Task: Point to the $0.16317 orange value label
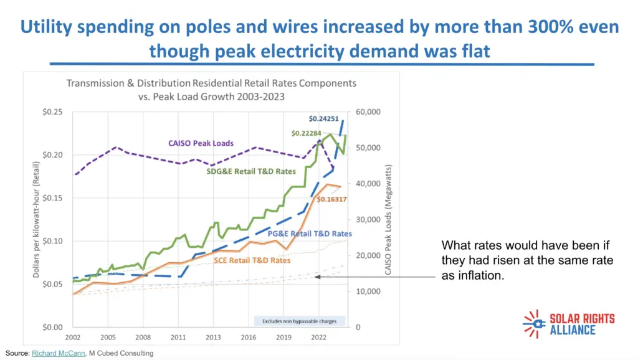331,199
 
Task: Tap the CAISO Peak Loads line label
201,143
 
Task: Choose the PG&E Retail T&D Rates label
310,234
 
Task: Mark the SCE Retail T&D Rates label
252,260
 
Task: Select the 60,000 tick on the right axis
371,112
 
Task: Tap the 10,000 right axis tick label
371,291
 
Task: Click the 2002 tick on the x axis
73,337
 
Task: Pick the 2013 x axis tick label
213,337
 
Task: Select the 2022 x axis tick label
318,337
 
